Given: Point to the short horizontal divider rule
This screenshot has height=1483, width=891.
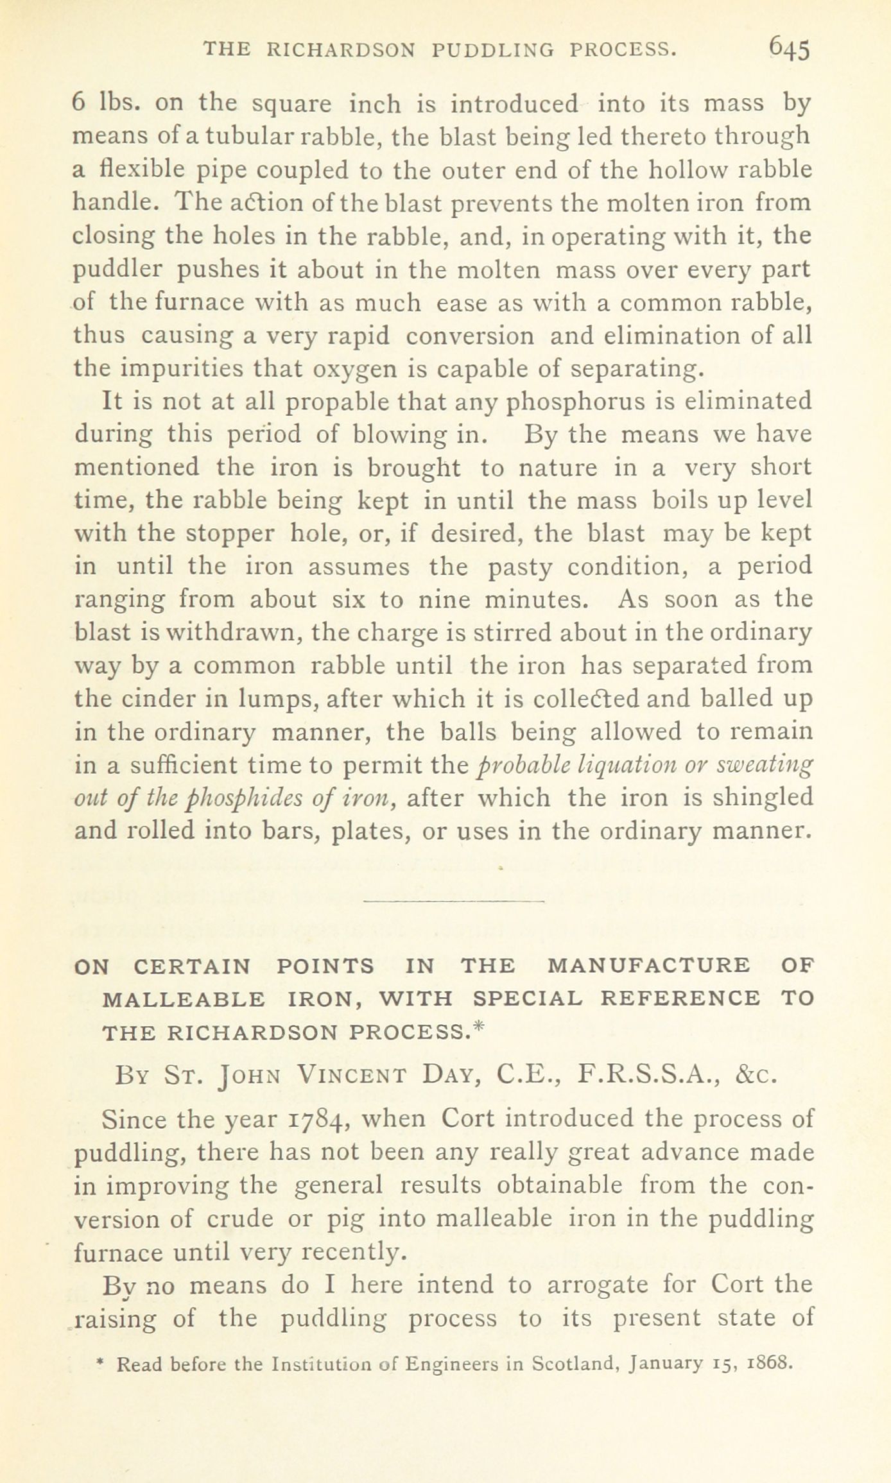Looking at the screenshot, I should (453, 902).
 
